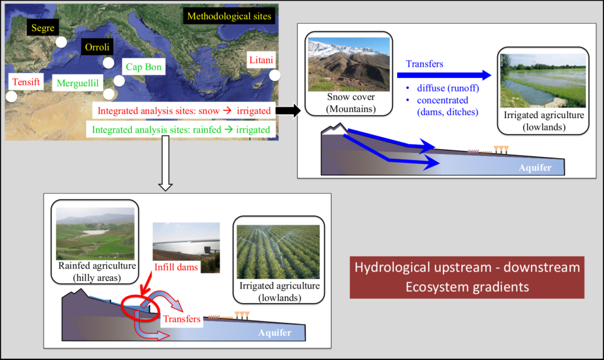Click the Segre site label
point(42,28)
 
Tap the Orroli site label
point(97,47)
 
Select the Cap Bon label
point(144,67)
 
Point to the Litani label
point(261,60)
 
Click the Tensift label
point(26,81)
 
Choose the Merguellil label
point(78,83)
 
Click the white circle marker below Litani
point(275,75)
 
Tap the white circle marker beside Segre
point(61,42)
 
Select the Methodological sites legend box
point(229,16)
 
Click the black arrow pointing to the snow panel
point(288,110)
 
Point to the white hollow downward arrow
point(166,163)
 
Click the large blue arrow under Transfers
point(444,75)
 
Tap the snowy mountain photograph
point(349,64)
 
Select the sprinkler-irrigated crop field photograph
point(278,251)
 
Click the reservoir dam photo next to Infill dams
point(186,247)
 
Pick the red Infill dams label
point(176,267)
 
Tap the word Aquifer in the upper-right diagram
point(535,168)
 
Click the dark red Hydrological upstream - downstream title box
point(467,277)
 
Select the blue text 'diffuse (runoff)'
point(448,89)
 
